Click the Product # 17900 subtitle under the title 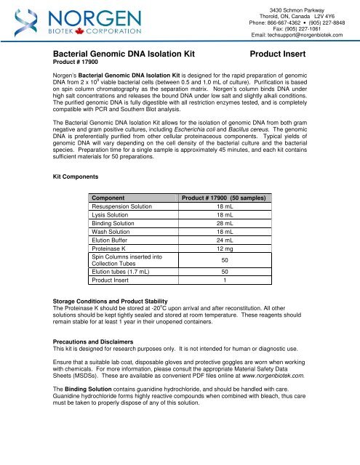point(81,65)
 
